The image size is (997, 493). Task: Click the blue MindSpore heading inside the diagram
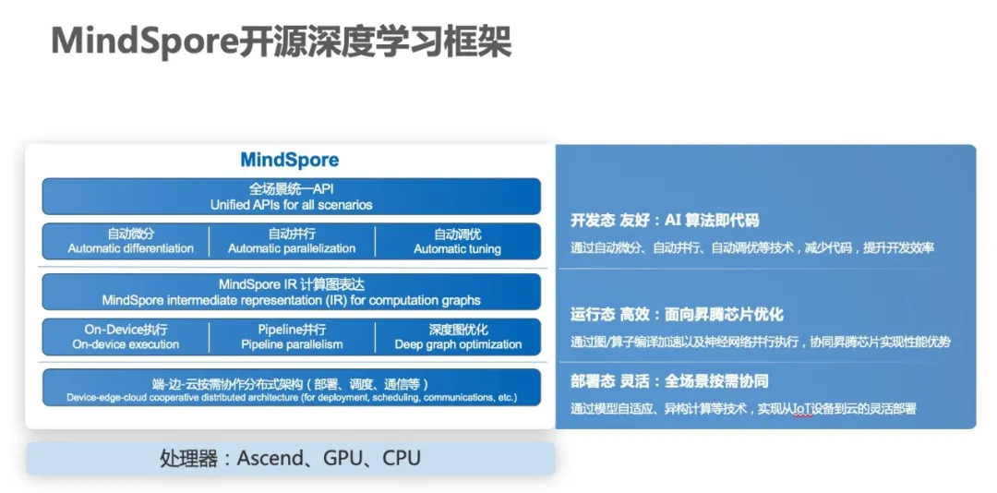pos(289,160)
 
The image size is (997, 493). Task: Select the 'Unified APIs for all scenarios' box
pos(291,197)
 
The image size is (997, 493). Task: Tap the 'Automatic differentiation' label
pos(130,248)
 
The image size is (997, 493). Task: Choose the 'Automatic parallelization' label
pos(292,248)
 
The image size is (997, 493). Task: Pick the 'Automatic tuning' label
pos(457,248)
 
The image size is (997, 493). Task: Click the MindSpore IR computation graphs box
pos(291,292)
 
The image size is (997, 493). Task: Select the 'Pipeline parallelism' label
pos(292,344)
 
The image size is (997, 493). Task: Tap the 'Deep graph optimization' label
pos(458,344)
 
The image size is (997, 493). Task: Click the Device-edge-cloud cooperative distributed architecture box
pos(291,387)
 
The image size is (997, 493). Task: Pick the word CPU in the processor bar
pos(402,459)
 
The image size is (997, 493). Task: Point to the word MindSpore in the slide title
pos(145,42)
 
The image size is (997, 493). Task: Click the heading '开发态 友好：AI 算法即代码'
pos(665,221)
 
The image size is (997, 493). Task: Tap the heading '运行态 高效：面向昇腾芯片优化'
pos(677,314)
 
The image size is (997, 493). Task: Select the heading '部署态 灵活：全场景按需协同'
pos(669,381)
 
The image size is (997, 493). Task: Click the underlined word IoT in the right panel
pos(803,409)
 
